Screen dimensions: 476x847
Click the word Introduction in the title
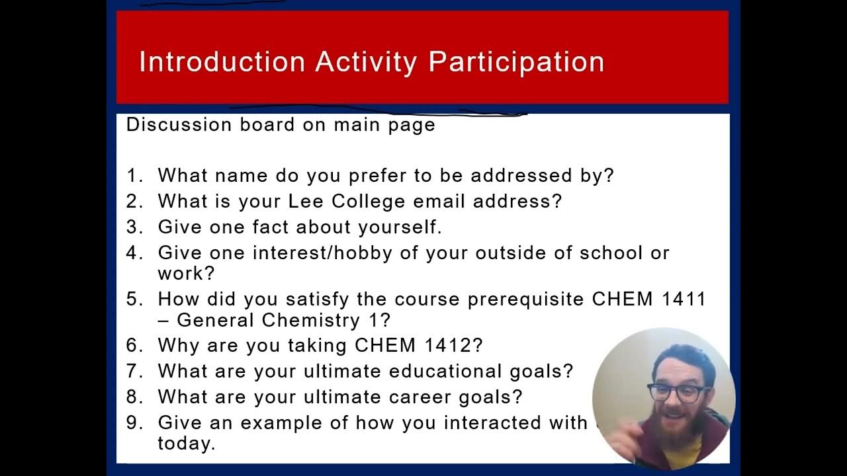click(222, 61)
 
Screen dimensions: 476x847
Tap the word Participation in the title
click(516, 61)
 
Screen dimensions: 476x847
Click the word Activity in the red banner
click(366, 61)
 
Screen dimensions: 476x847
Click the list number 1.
click(134, 176)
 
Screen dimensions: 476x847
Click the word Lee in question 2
click(302, 201)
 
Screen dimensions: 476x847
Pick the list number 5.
click(134, 299)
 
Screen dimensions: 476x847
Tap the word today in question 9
click(186, 444)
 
